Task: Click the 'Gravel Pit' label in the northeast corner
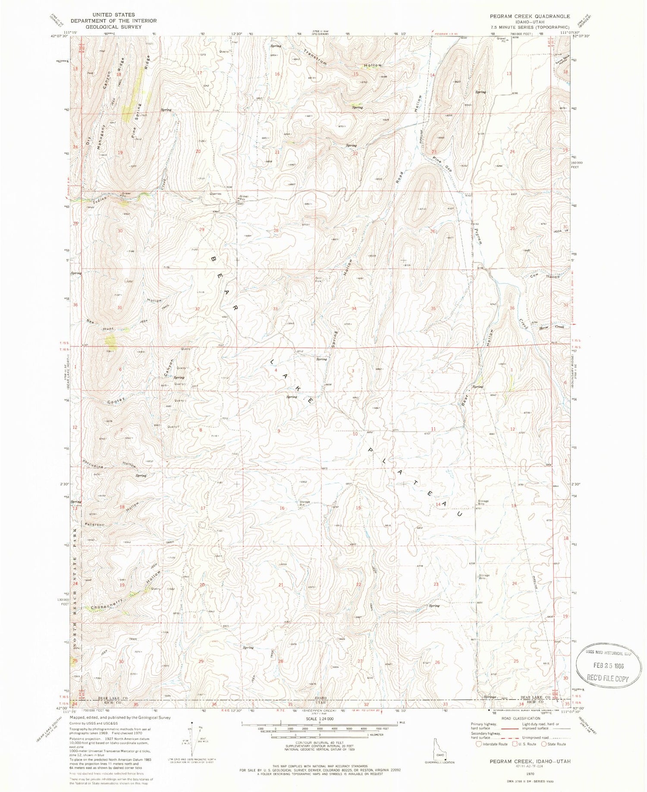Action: (x=501, y=40)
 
